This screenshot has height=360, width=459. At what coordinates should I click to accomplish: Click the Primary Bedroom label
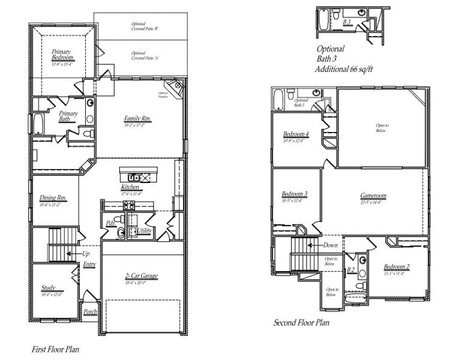[x=62, y=55]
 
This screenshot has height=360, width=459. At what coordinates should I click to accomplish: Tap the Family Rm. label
[x=137, y=119]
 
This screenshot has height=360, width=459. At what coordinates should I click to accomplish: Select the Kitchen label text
[x=130, y=187]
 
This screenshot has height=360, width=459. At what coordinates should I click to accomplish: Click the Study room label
[x=49, y=287]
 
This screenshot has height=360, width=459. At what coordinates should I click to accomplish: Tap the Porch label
[x=90, y=311]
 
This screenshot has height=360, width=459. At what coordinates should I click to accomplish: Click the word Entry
[x=89, y=265]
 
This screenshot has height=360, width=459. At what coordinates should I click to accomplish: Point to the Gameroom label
[x=373, y=196]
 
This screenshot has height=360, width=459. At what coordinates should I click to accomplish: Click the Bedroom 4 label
[x=296, y=134]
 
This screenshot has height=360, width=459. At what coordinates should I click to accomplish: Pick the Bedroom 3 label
[x=295, y=194]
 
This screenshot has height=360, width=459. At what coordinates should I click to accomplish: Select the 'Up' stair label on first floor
[x=86, y=253]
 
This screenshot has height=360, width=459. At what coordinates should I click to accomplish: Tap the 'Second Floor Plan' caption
[x=301, y=323]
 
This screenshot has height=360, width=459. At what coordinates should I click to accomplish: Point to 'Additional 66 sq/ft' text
[x=344, y=70]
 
